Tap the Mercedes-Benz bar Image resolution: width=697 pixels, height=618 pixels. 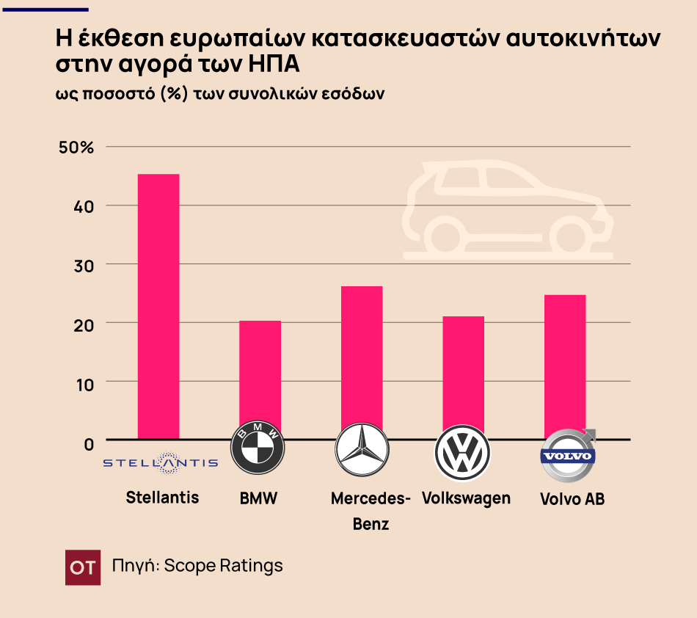(x=362, y=360)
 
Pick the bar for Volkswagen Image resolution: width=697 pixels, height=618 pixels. (x=463, y=374)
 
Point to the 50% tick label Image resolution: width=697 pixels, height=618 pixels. (x=76, y=148)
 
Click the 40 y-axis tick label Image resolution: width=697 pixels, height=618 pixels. (x=84, y=206)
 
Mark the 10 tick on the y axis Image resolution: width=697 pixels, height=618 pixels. (x=84, y=382)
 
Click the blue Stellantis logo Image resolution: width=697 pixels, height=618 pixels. (x=160, y=462)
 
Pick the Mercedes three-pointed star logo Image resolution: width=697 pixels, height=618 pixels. (x=360, y=451)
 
